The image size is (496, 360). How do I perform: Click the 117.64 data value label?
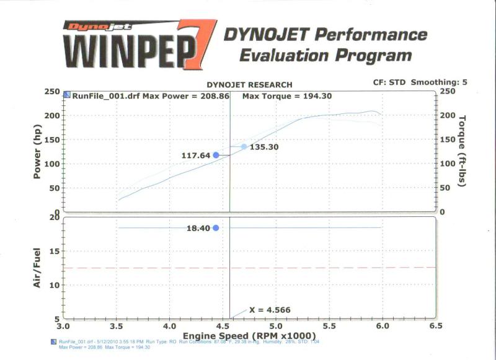click(x=196, y=155)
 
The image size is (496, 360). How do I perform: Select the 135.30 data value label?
click(x=264, y=147)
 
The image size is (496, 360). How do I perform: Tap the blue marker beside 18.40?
click(x=216, y=228)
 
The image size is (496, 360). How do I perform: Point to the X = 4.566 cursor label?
click(x=270, y=310)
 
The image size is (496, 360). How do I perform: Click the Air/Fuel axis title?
click(x=38, y=267)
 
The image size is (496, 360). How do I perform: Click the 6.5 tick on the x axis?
click(x=435, y=325)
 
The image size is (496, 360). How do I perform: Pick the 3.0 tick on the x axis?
click(x=63, y=325)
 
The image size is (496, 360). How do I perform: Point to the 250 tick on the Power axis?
click(x=51, y=92)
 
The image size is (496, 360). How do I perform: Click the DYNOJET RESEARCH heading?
click(x=249, y=84)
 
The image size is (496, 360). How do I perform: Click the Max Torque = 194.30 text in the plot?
click(x=280, y=96)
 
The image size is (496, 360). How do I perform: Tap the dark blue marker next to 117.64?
click(x=216, y=155)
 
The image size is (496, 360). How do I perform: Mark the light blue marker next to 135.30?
click(x=244, y=147)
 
